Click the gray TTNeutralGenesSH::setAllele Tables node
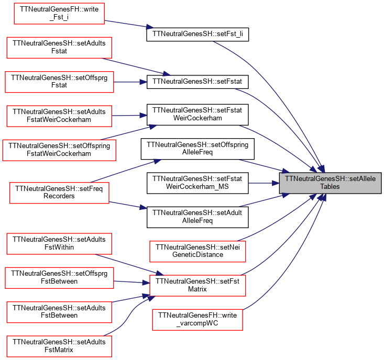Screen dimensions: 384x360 [330, 183]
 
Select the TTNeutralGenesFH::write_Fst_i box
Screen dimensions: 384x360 [59, 14]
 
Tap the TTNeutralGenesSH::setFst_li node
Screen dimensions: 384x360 [198, 35]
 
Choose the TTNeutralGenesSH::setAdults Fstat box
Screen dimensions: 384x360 [59, 48]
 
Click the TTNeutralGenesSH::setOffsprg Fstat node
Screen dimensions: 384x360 [59, 82]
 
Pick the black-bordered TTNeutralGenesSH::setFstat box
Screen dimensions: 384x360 [198, 82]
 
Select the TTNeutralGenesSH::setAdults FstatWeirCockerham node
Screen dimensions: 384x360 [59, 116]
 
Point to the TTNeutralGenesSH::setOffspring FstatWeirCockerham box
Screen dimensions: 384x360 [59, 150]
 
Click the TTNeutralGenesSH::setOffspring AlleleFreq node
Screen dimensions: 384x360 [198, 149]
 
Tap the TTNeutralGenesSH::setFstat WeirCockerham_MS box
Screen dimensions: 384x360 [198, 183]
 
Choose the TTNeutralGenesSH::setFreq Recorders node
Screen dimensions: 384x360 [59, 193]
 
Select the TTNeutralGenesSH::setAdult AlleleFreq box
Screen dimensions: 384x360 [198, 217]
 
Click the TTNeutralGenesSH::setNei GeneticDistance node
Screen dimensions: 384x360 [198, 251]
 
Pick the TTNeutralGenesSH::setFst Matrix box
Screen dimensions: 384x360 [198, 286]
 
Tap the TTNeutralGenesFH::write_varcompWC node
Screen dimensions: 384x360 [198, 320]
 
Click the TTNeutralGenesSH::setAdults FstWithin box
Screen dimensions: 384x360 [59, 244]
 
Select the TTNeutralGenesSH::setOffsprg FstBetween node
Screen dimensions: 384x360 [59, 278]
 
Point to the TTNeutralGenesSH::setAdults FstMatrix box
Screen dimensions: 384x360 [59, 346]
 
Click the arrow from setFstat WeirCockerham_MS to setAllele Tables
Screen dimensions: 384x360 [264, 183]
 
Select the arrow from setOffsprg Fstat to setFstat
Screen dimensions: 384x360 [130, 82]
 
